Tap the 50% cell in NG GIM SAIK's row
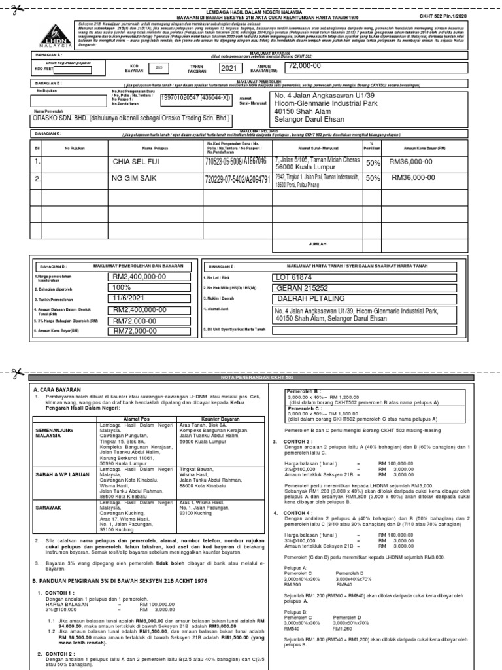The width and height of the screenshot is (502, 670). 373,178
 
